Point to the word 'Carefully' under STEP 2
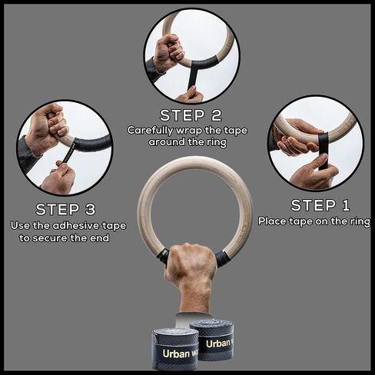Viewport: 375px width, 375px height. [149, 130]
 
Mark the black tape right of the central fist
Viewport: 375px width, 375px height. [222, 258]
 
